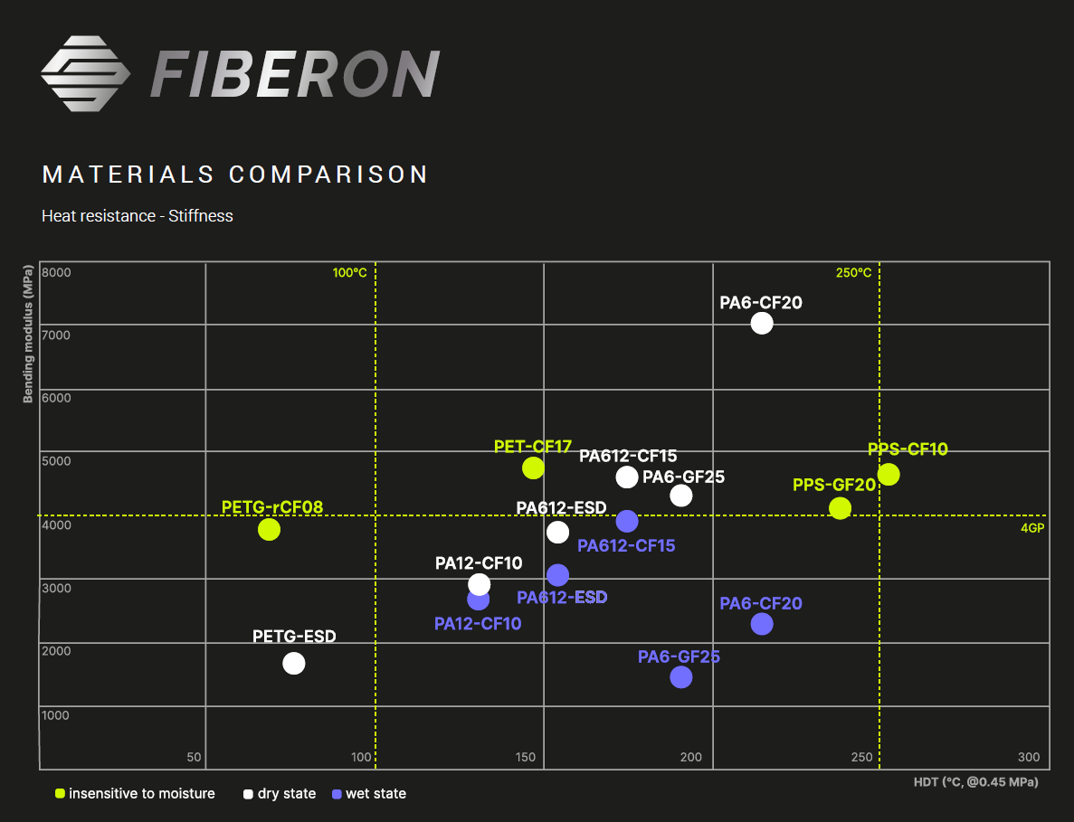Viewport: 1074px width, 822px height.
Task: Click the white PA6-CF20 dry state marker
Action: [762, 323]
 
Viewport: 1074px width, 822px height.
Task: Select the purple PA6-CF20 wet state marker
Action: [762, 624]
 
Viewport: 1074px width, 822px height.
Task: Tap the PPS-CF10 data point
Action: [889, 474]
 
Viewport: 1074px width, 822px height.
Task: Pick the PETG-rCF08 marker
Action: [269, 529]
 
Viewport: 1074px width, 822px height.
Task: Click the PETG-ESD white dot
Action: [294, 663]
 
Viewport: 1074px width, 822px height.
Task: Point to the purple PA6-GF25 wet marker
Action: [681, 676]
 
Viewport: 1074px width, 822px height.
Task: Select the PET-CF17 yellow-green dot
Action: [533, 468]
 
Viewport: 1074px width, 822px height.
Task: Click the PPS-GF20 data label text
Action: [834, 486]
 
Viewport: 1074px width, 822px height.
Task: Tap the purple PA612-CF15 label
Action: [626, 546]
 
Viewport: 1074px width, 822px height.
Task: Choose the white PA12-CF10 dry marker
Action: [480, 584]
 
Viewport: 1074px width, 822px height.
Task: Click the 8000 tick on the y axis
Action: [56, 272]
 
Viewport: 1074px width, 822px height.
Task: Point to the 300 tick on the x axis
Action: [1028, 758]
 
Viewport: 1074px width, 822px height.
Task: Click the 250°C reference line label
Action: [853, 273]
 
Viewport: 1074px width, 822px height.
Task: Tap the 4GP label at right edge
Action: [1032, 528]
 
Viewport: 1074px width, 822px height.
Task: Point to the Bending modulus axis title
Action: [28, 335]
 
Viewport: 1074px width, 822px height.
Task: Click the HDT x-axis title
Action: [975, 781]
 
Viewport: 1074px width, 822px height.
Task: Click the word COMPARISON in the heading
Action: [328, 175]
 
